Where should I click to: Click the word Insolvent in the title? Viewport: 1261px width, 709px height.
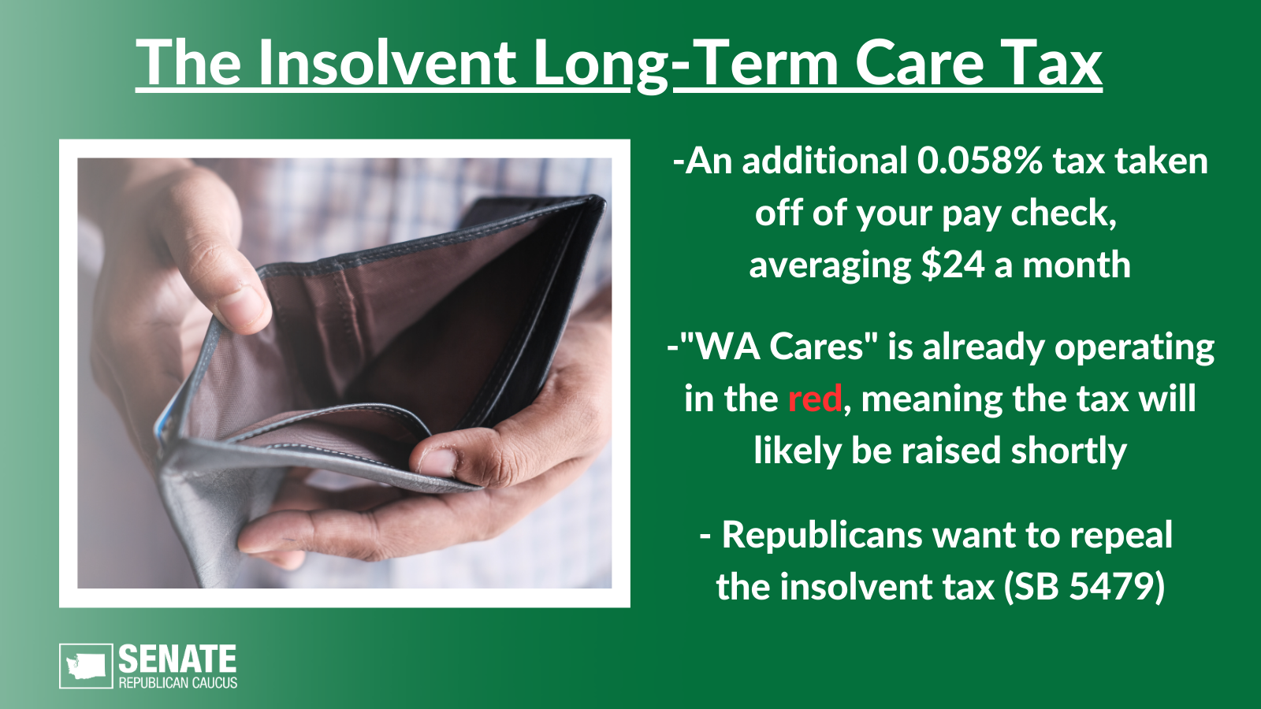pos(387,62)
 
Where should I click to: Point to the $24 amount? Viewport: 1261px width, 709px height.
pos(953,265)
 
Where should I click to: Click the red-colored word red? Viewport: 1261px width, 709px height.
pos(815,399)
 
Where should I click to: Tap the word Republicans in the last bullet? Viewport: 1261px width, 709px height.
pos(822,535)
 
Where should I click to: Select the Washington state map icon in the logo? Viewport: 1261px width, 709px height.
pos(86,666)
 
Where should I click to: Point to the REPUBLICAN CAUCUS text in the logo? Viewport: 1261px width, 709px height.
pos(178,683)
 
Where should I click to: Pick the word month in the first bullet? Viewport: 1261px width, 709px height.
pos(1077,265)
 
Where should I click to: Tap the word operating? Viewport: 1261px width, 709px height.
pos(1134,347)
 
